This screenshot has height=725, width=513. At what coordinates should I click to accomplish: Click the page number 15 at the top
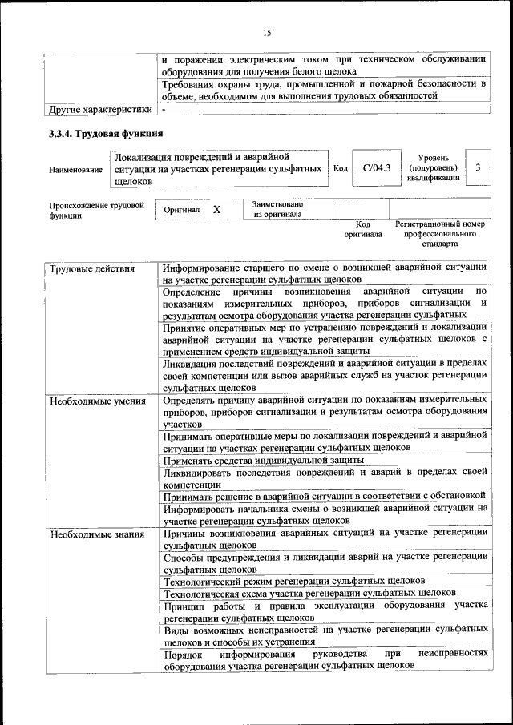(268, 33)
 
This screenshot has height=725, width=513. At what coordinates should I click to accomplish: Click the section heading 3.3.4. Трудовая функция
(107, 132)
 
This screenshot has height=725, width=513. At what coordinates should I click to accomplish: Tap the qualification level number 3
(478, 168)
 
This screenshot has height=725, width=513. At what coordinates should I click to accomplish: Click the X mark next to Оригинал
(216, 209)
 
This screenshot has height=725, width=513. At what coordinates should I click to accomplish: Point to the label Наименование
(75, 170)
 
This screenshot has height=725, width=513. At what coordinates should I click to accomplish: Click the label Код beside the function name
(340, 168)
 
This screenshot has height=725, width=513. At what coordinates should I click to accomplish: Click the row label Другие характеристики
(100, 109)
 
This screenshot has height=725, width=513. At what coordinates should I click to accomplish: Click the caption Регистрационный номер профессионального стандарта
(440, 234)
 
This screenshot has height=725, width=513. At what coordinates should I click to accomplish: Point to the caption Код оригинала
(363, 230)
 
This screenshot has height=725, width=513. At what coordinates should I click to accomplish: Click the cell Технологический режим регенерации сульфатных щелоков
(293, 580)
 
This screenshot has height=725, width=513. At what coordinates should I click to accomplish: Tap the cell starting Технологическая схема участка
(309, 593)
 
